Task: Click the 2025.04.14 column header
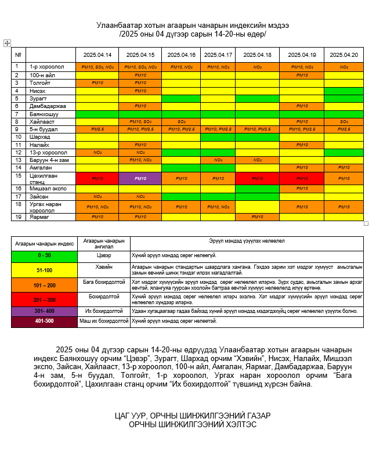click(x=97, y=55)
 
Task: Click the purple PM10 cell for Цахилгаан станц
click(x=140, y=179)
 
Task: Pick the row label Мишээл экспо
click(x=48, y=189)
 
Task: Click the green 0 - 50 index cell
click(x=44, y=255)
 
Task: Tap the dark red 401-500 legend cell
click(x=44, y=320)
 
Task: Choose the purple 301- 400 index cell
click(x=44, y=311)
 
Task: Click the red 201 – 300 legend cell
click(x=44, y=300)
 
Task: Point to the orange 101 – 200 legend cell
click(x=44, y=285)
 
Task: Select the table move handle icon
click(x=7, y=43)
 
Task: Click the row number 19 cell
click(x=18, y=217)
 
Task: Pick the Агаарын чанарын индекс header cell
click(x=44, y=243)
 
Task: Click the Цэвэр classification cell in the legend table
click(x=103, y=255)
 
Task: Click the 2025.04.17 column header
click(x=218, y=55)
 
